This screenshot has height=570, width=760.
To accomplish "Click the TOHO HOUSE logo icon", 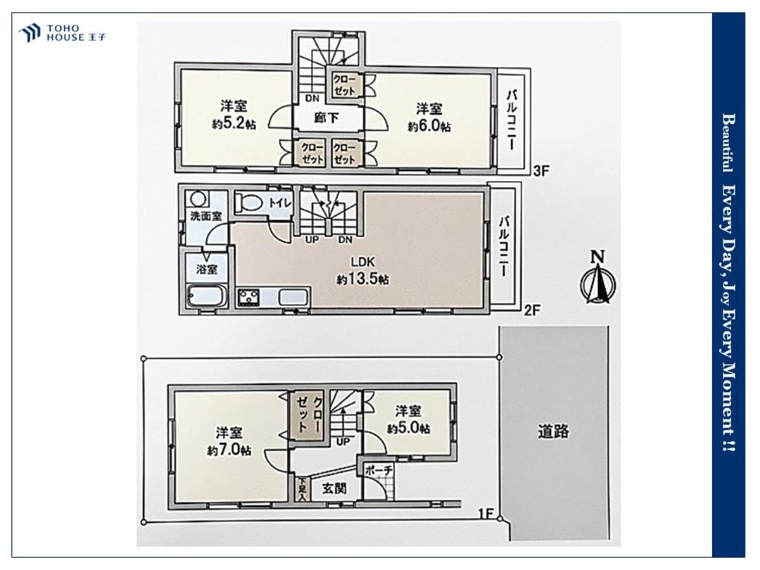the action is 30,33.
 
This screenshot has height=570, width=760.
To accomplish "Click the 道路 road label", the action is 553,432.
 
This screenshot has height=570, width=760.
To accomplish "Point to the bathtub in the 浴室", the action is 207,296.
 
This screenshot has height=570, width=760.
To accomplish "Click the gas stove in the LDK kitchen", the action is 249,298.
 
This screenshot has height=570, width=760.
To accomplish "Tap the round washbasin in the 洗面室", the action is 198,199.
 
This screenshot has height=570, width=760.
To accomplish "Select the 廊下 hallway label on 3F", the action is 326,117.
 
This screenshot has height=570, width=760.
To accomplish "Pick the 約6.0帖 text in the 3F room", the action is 429,126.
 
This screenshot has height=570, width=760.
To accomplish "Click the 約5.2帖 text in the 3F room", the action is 234,124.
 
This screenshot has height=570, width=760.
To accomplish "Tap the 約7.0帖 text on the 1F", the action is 230,450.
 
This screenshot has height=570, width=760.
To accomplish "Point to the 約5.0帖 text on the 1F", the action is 409,429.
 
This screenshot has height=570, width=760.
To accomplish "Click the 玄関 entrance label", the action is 334,489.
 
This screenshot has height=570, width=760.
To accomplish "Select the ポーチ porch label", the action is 378,470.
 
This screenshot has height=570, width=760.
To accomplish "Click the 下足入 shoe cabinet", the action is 302,489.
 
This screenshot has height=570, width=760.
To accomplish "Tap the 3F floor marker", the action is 541,170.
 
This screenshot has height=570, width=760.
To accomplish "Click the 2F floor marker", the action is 532,310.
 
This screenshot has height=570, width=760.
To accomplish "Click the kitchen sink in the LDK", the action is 293,298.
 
